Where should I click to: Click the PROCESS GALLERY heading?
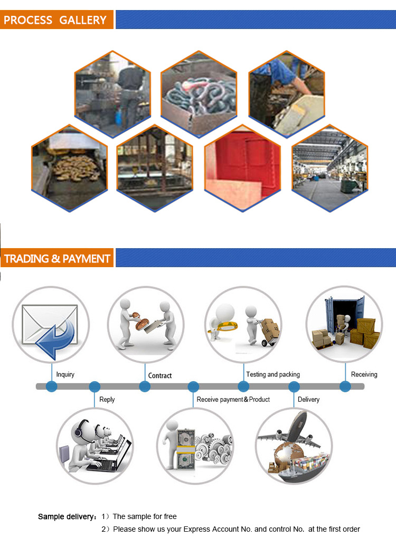(x=55, y=20)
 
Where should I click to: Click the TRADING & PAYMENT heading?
(x=57, y=259)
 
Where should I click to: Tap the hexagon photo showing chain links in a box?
(x=199, y=94)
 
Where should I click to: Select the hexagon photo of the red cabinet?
(x=242, y=168)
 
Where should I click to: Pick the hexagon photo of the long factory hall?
(x=329, y=168)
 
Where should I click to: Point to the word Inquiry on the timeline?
(x=65, y=374)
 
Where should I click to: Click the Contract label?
(x=160, y=376)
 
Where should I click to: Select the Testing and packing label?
(x=273, y=374)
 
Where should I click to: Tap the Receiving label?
(x=364, y=374)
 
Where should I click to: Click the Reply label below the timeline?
(x=107, y=400)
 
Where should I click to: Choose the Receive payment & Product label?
(x=233, y=400)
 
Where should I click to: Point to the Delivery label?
(x=308, y=400)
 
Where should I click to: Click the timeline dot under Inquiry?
(x=52, y=386)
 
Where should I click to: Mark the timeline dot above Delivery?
(x=294, y=386)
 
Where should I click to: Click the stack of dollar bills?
(x=186, y=449)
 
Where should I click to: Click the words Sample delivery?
(x=66, y=517)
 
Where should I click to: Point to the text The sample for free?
(x=145, y=516)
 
